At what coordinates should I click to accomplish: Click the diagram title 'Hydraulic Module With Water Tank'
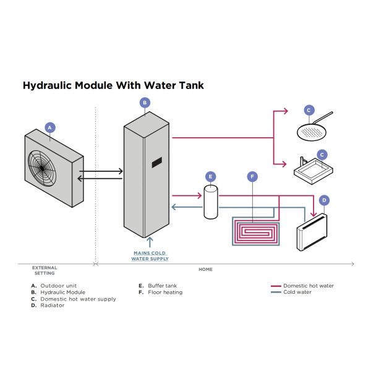tap(113, 85)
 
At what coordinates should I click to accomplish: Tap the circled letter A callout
tap(51, 127)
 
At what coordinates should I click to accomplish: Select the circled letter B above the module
tap(144, 103)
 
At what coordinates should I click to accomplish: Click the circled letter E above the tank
tap(211, 176)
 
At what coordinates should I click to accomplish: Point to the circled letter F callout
tap(252, 177)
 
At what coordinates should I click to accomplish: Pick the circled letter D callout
tap(324, 200)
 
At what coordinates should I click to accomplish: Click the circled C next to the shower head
tap(309, 110)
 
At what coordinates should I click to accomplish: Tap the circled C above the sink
tap(322, 155)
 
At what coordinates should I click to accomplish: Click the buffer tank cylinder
tap(211, 203)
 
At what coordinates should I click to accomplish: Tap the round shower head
tap(309, 131)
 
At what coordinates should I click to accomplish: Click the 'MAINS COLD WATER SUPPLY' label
tap(150, 256)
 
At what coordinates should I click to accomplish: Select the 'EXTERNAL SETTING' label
tap(45, 270)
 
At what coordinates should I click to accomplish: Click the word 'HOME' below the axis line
tap(205, 268)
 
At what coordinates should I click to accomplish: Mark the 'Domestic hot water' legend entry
tap(304, 286)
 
